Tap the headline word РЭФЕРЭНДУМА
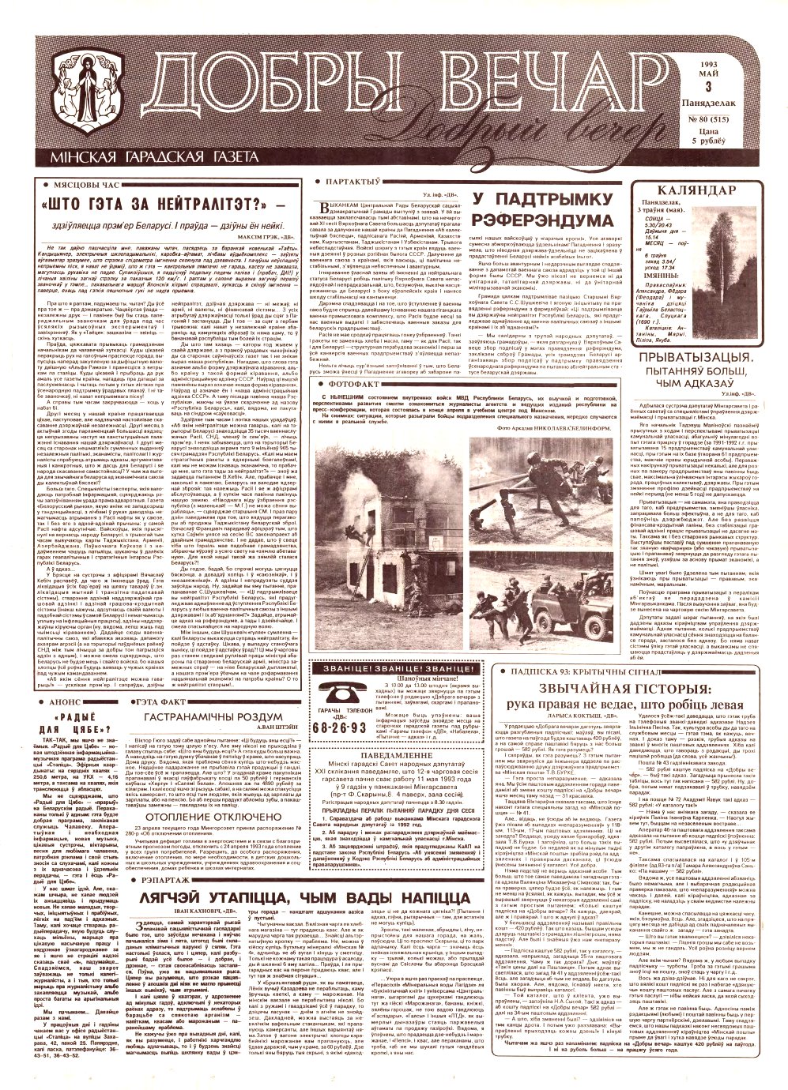click(x=537, y=217)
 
